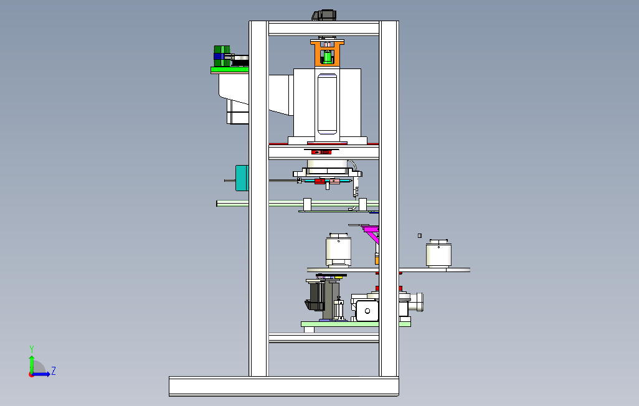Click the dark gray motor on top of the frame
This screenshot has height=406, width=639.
pos(324,16)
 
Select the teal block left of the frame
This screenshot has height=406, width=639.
pos(242,177)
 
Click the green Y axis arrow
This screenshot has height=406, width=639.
pos(32,361)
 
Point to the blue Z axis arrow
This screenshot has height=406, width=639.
pos(42,374)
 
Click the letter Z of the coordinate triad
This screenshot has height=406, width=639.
pos(54,371)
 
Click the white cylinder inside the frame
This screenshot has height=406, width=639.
pos(338,252)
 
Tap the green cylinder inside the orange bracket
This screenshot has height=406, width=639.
pos(327,58)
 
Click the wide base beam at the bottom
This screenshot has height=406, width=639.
pos(283,386)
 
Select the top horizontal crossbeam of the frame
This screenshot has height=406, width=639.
pos(323,28)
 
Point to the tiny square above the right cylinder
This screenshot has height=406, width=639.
pos(420,235)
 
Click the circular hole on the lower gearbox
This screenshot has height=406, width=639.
pos(367,310)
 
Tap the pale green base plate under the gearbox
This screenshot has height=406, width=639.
pos(356,324)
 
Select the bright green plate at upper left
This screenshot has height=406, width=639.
pos(229,70)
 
